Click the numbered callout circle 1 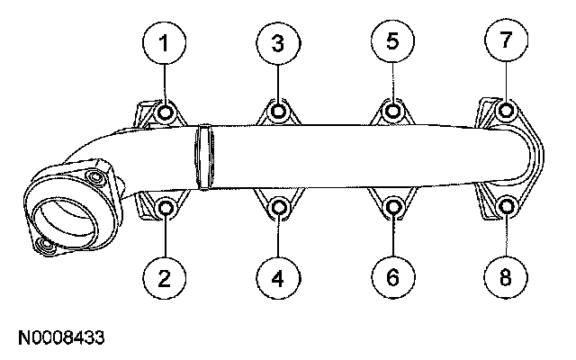click(165, 42)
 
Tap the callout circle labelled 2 click(165, 278)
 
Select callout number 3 click(278, 42)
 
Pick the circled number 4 click(278, 278)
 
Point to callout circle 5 click(392, 42)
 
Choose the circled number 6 click(392, 278)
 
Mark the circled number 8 click(506, 278)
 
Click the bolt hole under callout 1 click(166, 113)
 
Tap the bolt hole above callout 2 click(166, 209)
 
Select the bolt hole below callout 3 click(279, 112)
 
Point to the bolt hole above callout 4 click(279, 210)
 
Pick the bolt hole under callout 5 click(392, 112)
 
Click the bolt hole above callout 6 click(392, 210)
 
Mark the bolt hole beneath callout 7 click(506, 112)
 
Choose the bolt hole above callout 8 click(506, 207)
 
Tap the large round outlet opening click(64, 218)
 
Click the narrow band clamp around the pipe click(204, 157)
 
